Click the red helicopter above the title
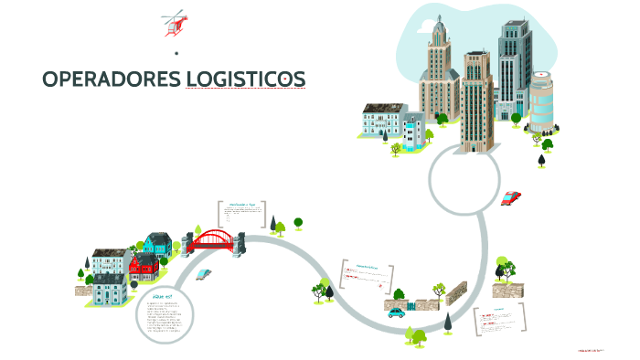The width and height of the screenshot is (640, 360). (173, 24)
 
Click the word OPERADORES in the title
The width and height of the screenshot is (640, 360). (111, 80)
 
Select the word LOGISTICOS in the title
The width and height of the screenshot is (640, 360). (245, 80)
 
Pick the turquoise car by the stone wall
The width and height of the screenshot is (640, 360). (396, 312)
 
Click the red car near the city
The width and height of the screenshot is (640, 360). (510, 197)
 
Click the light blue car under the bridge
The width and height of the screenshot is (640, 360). (205, 272)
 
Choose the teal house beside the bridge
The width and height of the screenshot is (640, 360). (157, 244)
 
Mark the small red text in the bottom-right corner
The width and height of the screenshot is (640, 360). (592, 350)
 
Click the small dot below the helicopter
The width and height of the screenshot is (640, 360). (175, 53)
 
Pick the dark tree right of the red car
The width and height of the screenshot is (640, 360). (542, 160)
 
